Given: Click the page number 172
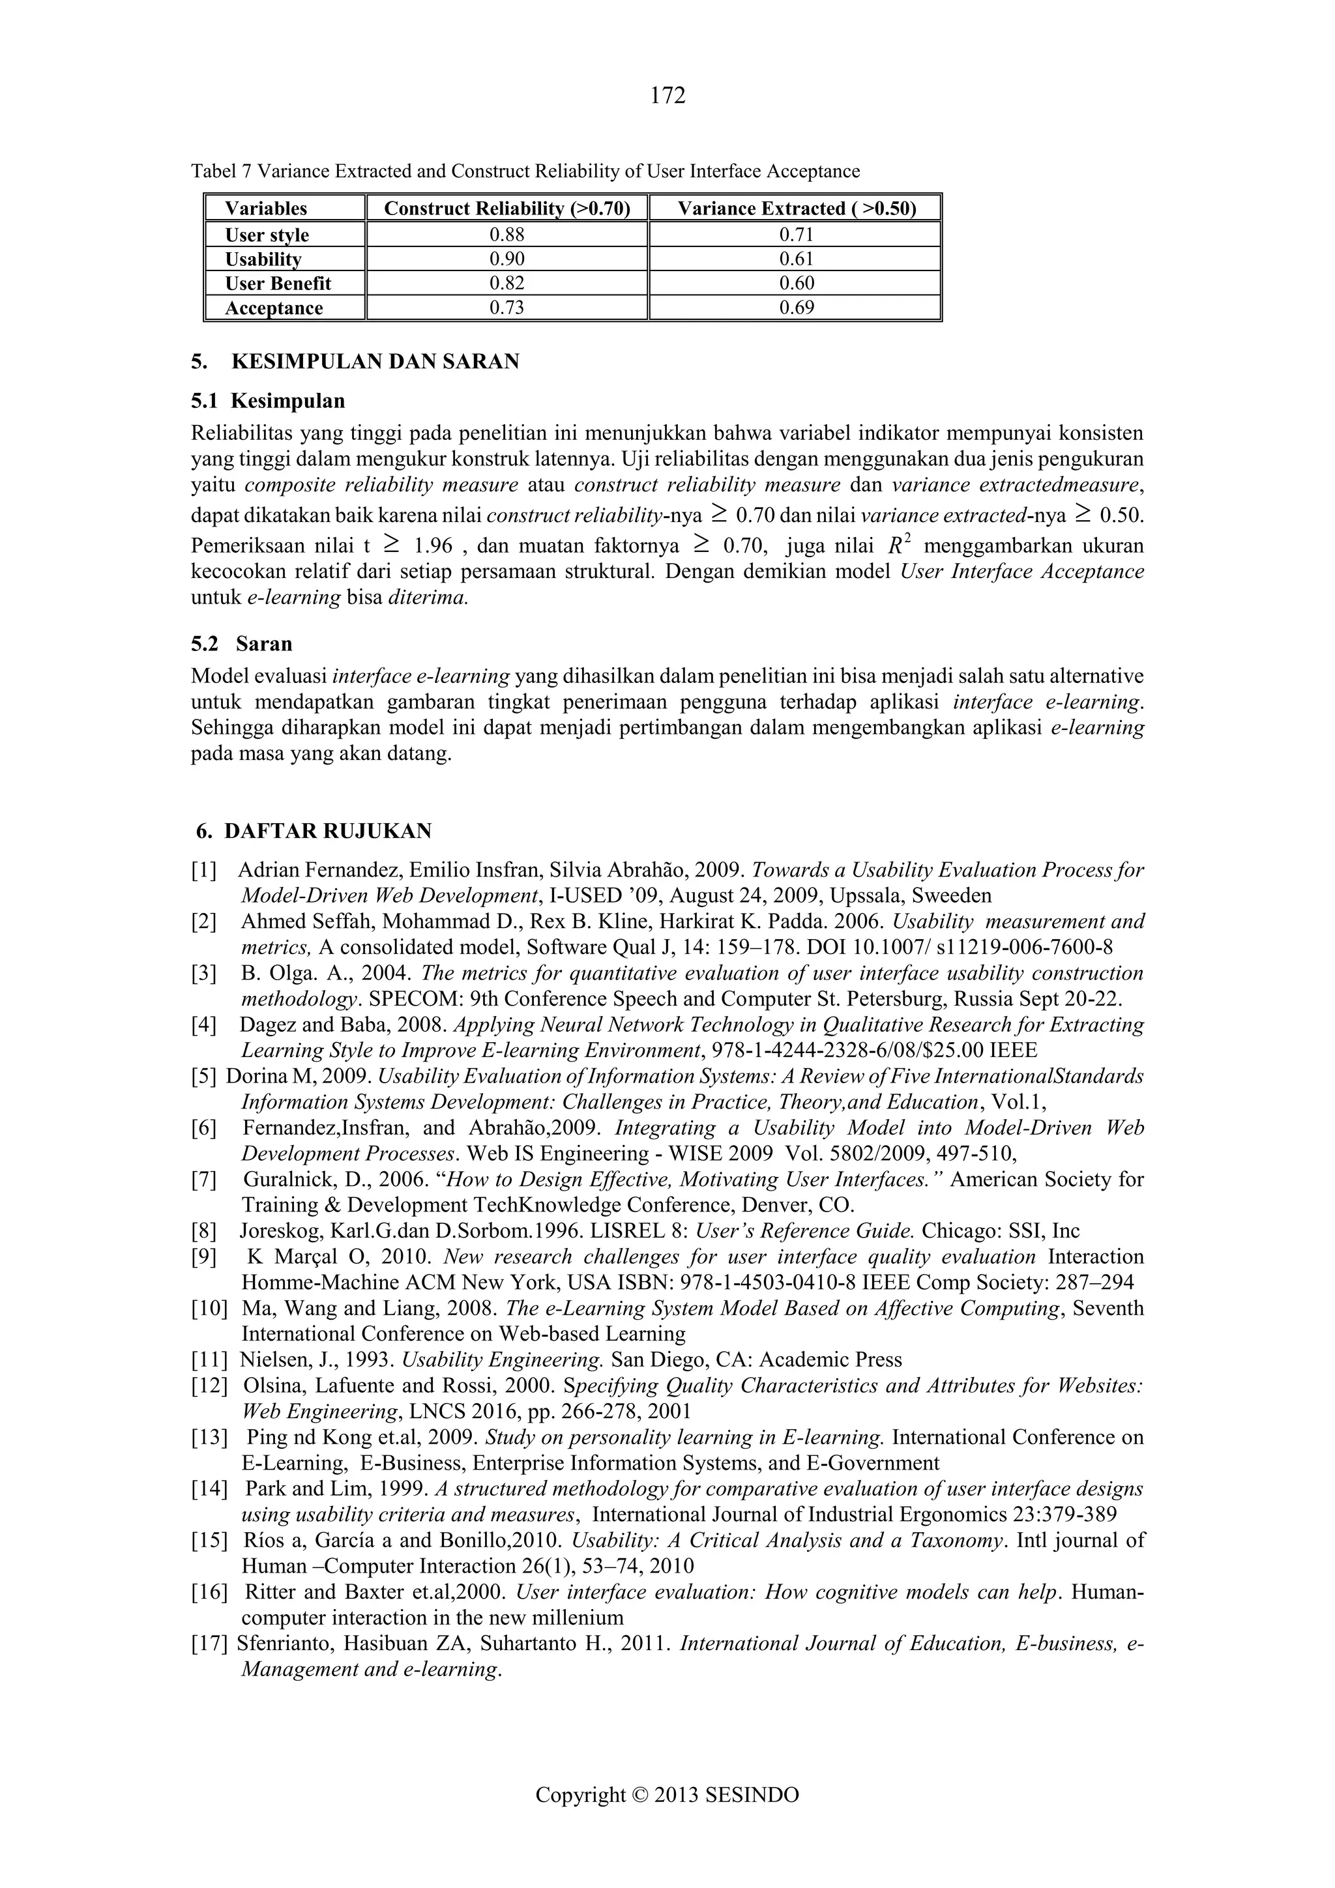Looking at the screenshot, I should coord(667,96).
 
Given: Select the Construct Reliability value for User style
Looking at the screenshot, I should coord(506,235).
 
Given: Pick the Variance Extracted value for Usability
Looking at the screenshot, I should coord(795,259).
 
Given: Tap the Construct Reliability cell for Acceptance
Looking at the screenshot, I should coord(506,308).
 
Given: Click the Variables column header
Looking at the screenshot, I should coord(266,208).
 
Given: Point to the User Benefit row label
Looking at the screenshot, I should coord(278,283).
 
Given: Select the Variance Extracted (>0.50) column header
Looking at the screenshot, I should coord(795,208).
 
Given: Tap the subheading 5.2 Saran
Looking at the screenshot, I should coord(242,643).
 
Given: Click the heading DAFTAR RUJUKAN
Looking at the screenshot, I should coord(327,832).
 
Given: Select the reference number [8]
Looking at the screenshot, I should coord(204,1231).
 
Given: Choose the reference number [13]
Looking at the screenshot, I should coord(208,1438).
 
